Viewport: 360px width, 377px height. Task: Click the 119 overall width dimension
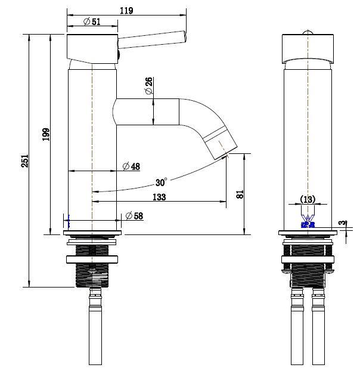tap(126, 10)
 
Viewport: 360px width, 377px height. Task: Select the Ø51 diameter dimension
tap(91, 22)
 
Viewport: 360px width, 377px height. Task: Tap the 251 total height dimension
tap(24, 160)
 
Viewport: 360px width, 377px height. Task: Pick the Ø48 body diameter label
tap(131, 166)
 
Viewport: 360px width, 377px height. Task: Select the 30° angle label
tap(161, 181)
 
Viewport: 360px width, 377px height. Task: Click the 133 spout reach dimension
tap(159, 197)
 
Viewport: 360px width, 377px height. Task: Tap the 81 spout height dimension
tap(240, 194)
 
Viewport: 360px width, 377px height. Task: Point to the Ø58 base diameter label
tap(134, 216)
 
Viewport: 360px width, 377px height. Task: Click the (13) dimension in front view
tap(308, 199)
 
